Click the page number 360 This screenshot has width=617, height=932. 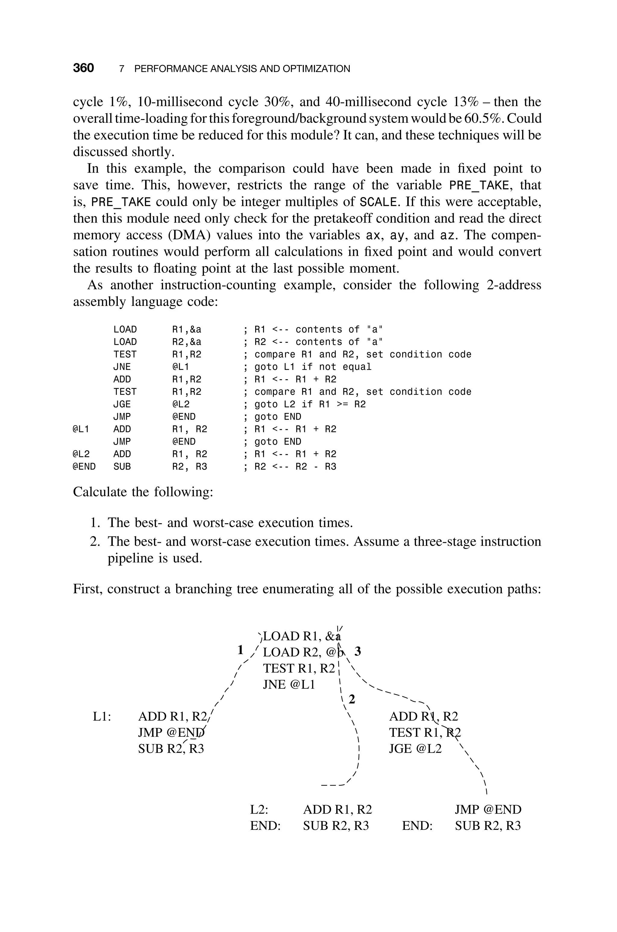(x=83, y=68)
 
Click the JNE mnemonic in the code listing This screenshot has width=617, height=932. (x=122, y=367)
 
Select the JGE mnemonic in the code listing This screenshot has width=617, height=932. (x=122, y=404)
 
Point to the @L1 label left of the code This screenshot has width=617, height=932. (x=81, y=429)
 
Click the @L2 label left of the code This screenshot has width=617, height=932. (x=81, y=454)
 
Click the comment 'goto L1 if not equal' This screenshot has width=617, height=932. (x=313, y=367)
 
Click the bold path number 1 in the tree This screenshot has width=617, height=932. (x=241, y=650)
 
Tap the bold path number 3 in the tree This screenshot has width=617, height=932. (x=357, y=651)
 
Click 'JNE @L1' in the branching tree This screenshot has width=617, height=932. (x=289, y=685)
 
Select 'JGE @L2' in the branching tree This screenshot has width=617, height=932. (x=415, y=749)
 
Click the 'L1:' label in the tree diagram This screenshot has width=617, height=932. (x=102, y=716)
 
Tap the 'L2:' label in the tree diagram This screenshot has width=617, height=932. (x=259, y=810)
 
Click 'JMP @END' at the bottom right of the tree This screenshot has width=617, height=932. (x=488, y=810)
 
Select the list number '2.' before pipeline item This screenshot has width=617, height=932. (x=95, y=542)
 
